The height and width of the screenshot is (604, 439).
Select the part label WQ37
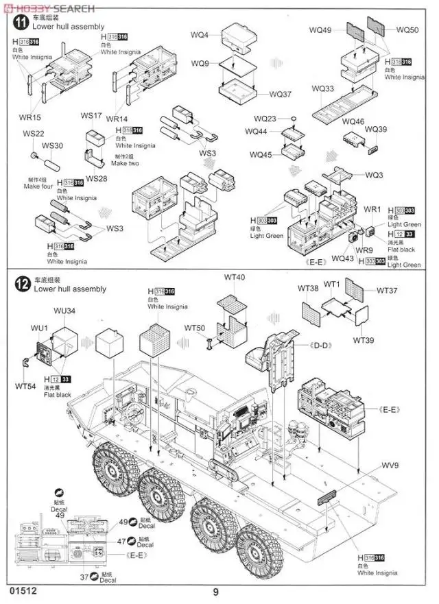tap(281, 94)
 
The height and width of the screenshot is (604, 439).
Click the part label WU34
tap(65, 311)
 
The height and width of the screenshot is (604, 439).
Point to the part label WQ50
tap(407, 30)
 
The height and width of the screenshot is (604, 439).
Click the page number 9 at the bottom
tap(215, 592)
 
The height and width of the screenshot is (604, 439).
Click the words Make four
tap(38, 186)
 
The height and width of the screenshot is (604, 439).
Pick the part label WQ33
tap(322, 89)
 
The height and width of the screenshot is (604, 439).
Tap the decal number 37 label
tap(83, 577)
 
